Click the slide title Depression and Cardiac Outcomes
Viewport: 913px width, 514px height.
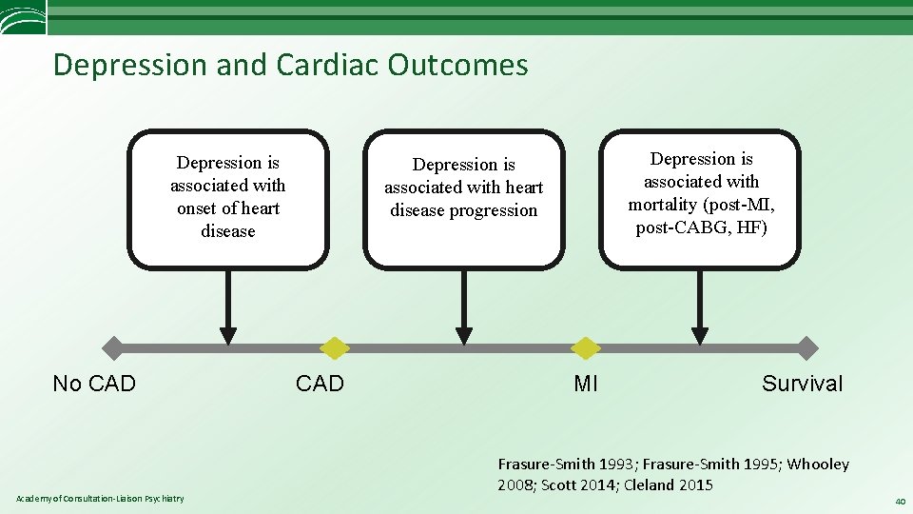(290, 65)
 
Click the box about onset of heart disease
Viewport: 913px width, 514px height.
(228, 198)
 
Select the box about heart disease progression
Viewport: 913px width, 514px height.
(464, 198)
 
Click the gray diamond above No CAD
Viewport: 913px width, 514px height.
(113, 348)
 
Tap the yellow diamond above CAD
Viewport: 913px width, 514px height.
(334, 348)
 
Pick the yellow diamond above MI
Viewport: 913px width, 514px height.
(586, 348)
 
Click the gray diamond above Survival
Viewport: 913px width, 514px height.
(806, 348)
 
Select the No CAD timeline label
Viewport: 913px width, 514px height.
(94, 384)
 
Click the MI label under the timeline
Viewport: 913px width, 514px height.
(586, 384)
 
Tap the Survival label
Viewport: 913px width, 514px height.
(802, 384)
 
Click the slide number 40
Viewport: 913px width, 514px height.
(899, 501)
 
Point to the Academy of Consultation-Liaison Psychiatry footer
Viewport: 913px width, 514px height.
(100, 499)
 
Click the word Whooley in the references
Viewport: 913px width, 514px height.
(817, 465)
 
